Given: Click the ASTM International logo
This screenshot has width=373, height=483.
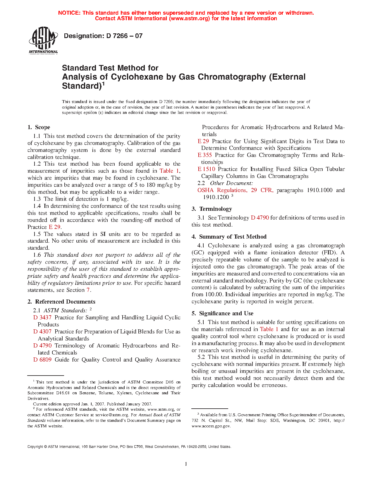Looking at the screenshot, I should [43, 40].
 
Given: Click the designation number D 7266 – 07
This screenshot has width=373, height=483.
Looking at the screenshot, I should [103, 36].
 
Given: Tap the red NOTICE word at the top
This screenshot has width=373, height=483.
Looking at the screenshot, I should [69, 13].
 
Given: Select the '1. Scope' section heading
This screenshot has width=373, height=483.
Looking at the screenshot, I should [39, 127].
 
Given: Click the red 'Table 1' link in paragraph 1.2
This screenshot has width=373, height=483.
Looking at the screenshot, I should [169, 171].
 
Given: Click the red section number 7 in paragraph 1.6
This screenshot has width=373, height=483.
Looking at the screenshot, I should [88, 290].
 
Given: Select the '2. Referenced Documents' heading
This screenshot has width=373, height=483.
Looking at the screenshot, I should [61, 302].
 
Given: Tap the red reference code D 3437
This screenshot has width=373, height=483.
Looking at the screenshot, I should [42, 318].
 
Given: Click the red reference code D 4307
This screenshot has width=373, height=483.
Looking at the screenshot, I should [42, 332].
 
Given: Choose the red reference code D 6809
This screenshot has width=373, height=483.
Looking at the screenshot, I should [42, 360].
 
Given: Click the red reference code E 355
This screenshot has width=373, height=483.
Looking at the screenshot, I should [204, 155].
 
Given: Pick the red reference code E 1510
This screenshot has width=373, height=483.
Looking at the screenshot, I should [206, 169].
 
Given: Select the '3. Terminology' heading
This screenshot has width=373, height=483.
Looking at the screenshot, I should [212, 209].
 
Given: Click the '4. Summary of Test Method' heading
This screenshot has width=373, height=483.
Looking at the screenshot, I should [229, 237].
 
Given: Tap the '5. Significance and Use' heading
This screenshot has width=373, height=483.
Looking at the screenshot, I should [222, 314].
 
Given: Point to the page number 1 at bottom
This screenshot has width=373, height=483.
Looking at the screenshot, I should [186, 464].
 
